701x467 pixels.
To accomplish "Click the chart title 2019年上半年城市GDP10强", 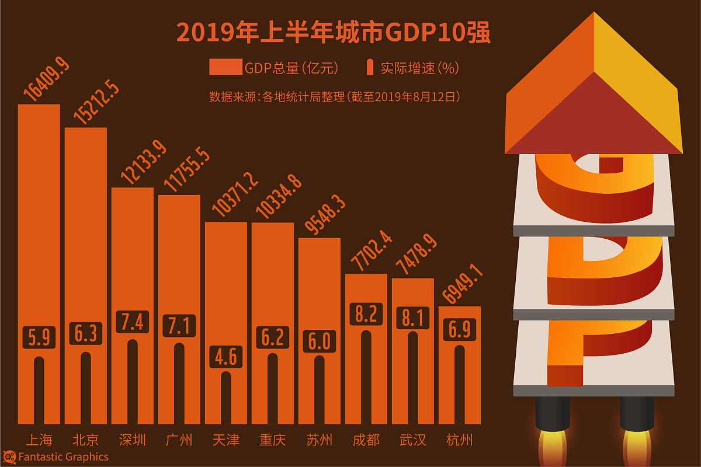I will coord(333,33).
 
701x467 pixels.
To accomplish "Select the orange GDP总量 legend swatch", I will coord(225,68).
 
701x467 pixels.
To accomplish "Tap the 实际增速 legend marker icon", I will coord(370,68).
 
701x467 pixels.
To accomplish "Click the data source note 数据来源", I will coord(335,97).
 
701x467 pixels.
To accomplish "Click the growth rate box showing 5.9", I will coord(39,338).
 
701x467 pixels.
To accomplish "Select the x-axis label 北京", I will coord(86,440).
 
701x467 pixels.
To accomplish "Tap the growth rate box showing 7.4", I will coord(133,322).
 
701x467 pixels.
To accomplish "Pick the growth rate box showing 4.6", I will coord(226,356).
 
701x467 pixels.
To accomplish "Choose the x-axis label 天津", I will coord(226,440).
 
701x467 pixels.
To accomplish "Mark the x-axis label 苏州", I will coord(320,440).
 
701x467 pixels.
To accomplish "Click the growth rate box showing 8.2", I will coord(366,314).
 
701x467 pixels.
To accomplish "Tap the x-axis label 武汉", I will coord(413,440).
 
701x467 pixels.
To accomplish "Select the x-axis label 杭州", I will coord(460,440).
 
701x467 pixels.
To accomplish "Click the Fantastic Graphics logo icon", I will coord(9,456).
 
